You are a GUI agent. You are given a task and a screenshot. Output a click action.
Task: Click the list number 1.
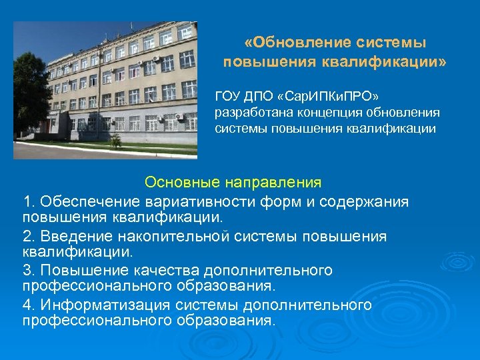click(27, 201)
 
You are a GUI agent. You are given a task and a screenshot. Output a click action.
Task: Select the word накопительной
click(170, 237)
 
